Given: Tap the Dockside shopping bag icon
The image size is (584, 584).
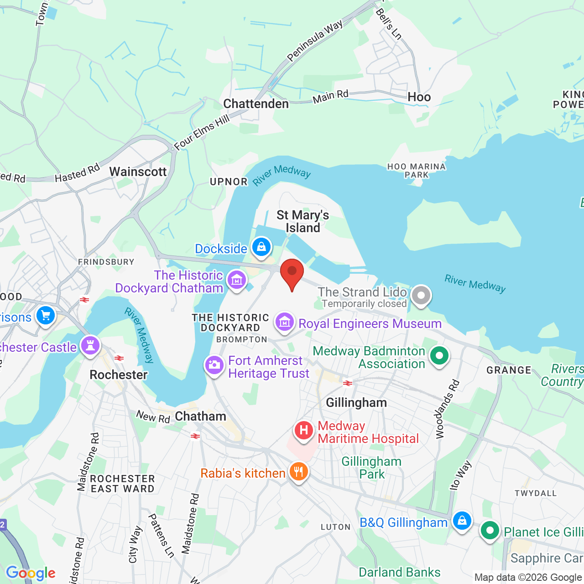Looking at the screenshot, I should [261, 248].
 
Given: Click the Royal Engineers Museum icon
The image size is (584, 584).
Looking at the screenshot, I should [285, 323].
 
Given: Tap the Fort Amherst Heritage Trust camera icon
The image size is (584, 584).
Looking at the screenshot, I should [214, 365].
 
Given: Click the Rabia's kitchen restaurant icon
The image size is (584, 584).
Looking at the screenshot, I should [298, 472].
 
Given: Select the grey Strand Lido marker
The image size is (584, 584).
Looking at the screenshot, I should [421, 296].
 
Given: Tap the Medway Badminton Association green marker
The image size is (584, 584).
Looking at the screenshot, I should [439, 356].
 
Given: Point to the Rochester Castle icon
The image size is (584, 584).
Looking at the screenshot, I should [90, 346].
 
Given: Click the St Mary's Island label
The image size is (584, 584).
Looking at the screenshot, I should [302, 221].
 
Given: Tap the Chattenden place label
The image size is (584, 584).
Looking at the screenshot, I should [256, 104].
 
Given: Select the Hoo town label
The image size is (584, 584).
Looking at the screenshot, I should [419, 97].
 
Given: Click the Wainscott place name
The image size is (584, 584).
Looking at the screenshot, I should [138, 172].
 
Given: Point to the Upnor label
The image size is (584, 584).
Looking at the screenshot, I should [228, 182].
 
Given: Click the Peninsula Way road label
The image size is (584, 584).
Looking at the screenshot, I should [315, 41].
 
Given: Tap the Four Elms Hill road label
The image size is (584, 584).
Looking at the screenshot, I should [202, 132].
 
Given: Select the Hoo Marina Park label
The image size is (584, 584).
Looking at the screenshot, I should [416, 171].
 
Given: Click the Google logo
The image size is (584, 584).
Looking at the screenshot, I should [31, 573].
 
